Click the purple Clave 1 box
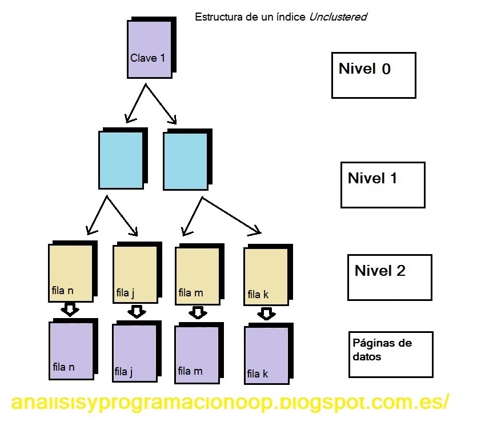tap(149, 49)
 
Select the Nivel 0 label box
tap(373, 74)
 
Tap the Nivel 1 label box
tap(382, 184)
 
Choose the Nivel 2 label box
tap(390, 277)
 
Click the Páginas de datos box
tap(390, 354)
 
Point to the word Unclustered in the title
tap(338, 17)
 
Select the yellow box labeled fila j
tap(135, 275)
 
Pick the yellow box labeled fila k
tap(266, 277)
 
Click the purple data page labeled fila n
tap(71, 351)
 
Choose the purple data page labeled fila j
tap(134, 353)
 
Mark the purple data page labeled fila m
tap(197, 353)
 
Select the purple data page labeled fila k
tap(266, 355)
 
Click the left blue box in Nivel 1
tap(121, 160)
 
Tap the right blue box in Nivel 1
tap(185, 161)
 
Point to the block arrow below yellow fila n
tap(70, 310)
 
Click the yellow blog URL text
tap(230, 402)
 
